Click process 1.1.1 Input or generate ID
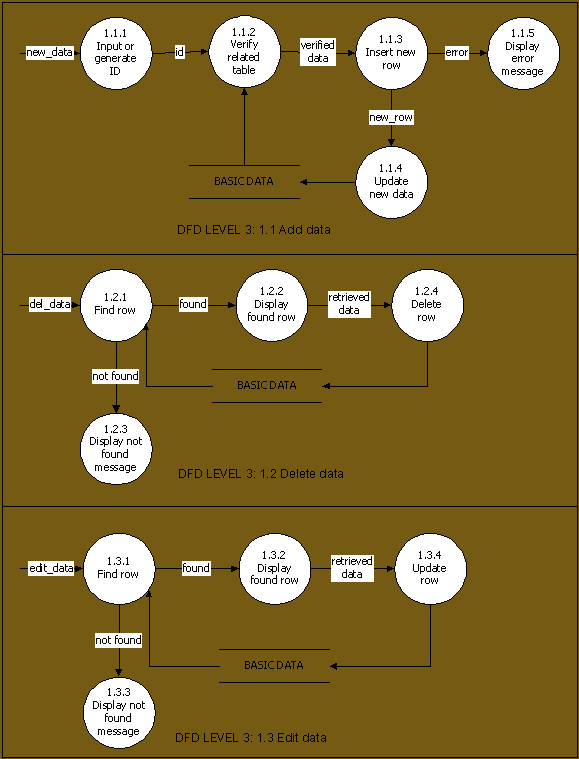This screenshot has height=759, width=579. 116,53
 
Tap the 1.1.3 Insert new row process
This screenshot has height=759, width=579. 392,53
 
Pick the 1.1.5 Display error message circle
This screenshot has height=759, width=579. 523,53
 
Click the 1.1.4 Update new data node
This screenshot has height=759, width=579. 392,182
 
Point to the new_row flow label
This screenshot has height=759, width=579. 391,118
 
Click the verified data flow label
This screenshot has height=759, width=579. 318,52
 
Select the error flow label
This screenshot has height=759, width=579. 457,53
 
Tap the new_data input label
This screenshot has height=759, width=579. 49,52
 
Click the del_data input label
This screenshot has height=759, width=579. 50,305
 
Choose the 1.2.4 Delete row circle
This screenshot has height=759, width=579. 427,305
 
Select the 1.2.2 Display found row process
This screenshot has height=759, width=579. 272,305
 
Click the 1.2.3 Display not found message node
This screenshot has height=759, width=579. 116,449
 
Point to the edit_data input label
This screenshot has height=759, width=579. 51,568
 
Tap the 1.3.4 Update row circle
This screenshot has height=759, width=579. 430,569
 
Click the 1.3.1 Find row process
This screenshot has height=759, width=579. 120,569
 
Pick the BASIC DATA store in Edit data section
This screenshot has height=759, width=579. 274,666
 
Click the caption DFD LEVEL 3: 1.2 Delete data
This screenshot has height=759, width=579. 261,473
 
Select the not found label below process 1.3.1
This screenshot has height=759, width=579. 119,640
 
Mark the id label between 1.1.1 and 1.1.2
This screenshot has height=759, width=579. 180,52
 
